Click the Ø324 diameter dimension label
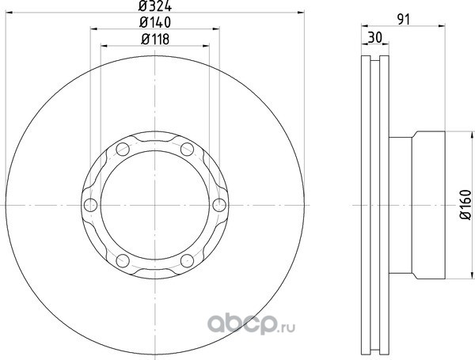[x=155, y=6]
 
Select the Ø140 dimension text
[x=155, y=22]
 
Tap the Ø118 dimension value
[x=155, y=40]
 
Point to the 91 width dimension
[x=403, y=20]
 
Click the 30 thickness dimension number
[x=375, y=38]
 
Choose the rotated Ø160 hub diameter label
[x=466, y=204]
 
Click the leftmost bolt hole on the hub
[x=90, y=205]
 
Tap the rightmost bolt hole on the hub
[x=219, y=205]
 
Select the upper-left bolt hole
[x=123, y=150]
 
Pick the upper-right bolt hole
[x=187, y=150]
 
